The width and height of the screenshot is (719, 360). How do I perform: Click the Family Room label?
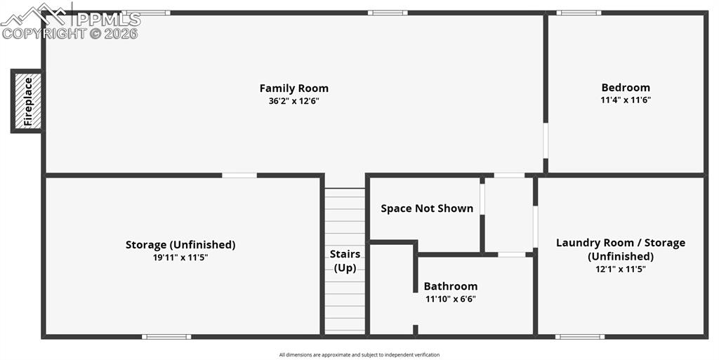(294, 88)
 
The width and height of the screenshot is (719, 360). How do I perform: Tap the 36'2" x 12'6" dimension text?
(294, 101)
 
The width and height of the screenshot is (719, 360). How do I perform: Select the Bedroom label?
(626, 88)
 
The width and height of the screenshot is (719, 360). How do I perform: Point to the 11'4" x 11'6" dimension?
(626, 100)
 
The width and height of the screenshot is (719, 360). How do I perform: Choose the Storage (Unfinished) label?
(180, 245)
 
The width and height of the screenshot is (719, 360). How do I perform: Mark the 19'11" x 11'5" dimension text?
(180, 258)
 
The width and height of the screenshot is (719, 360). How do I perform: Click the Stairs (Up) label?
(345, 260)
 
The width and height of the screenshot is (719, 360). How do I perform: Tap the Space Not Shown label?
(427, 208)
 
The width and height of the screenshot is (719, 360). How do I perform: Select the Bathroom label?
(450, 286)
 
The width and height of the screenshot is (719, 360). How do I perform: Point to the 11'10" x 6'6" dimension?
(450, 299)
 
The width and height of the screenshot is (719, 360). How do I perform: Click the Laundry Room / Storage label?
(621, 243)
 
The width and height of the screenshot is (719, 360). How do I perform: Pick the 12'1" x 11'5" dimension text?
(621, 269)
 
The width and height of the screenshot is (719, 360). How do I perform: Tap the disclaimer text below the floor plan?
(359, 354)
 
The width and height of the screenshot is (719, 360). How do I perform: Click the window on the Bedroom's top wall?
(579, 13)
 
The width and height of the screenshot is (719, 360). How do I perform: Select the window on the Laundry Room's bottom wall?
(579, 337)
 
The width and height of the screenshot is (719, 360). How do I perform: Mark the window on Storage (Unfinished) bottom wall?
(166, 337)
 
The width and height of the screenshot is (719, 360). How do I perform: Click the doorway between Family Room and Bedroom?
(545, 140)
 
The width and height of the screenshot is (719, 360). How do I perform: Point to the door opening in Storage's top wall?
(239, 175)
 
